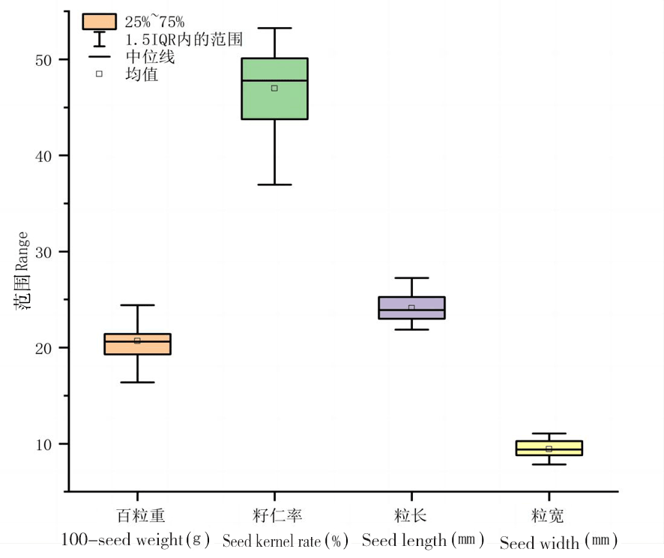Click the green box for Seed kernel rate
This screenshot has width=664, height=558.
point(274,101)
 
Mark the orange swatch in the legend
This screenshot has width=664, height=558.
point(99,22)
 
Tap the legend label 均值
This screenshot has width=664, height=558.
point(142,74)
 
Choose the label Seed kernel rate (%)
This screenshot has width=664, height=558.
point(286,541)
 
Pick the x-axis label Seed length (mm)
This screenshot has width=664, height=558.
point(423,540)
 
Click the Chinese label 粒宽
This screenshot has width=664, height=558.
point(548,516)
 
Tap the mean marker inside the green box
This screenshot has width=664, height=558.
point(274,88)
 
